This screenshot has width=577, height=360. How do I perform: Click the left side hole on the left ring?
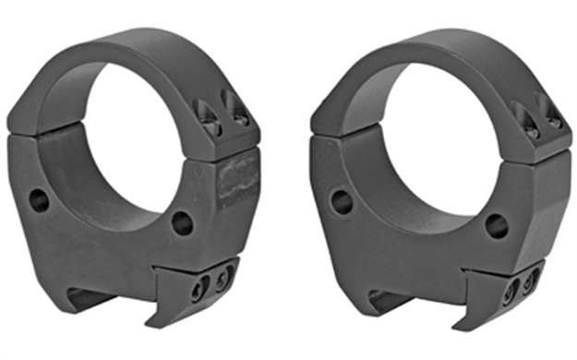[39, 198]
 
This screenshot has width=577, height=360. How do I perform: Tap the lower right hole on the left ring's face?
[182, 223]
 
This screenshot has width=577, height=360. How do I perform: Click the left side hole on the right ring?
[341, 200]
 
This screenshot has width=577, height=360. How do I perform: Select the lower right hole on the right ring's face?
[496, 224]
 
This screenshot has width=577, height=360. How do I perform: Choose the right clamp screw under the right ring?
[532, 280]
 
